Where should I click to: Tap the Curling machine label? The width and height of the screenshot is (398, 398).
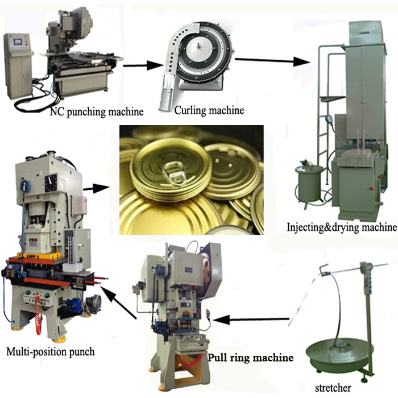tap(210, 109)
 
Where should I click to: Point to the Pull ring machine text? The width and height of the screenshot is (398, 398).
tap(250, 358)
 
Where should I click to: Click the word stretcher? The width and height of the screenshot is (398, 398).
tap(334, 388)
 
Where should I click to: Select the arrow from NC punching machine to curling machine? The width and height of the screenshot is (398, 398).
tap(142, 65)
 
